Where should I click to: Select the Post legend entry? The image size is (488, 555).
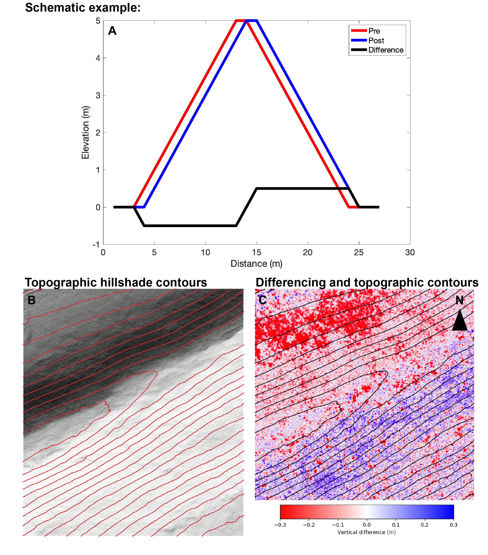pyautogui.click(x=376, y=40)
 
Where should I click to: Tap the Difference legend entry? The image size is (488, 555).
pyautogui.click(x=385, y=50)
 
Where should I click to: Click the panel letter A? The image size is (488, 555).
pyautogui.click(x=112, y=31)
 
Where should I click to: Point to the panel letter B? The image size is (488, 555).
pyautogui.click(x=31, y=300)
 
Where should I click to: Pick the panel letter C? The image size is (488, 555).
pyautogui.click(x=262, y=300)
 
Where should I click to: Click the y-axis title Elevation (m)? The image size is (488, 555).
pyautogui.click(x=85, y=132)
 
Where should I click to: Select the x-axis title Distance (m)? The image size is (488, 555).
pyautogui.click(x=256, y=264)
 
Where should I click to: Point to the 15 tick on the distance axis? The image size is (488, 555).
pyautogui.click(x=256, y=253)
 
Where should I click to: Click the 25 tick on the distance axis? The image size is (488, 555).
pyautogui.click(x=358, y=253)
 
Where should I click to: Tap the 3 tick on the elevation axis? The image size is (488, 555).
pyautogui.click(x=98, y=95)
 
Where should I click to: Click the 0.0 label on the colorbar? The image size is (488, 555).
pyautogui.click(x=367, y=525)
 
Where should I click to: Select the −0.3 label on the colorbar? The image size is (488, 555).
pyautogui.click(x=280, y=525)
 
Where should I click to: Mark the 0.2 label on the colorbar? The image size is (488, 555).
pyautogui.click(x=424, y=525)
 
